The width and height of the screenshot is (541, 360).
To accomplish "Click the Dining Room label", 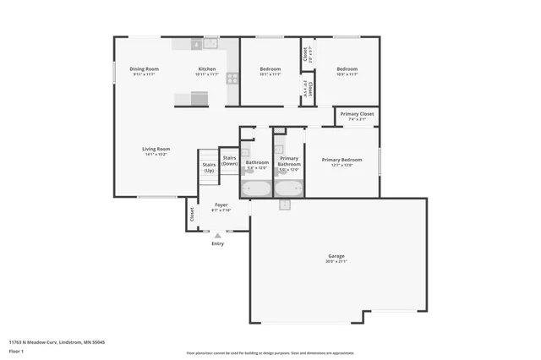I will [x=145, y=68].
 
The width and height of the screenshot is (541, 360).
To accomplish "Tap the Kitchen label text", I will [x=207, y=68].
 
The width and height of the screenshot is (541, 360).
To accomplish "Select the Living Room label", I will [x=156, y=149].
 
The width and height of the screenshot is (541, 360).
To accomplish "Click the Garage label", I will [x=336, y=255].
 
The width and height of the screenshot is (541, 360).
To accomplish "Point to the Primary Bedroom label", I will [x=342, y=159].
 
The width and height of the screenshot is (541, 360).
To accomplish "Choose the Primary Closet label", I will [x=357, y=113].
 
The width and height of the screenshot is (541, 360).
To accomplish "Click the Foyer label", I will [x=221, y=205].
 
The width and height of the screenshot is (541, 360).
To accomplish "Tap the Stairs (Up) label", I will [x=209, y=167].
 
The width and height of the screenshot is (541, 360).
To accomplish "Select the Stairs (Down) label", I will [x=229, y=161].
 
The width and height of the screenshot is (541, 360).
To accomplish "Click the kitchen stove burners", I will [x=231, y=77].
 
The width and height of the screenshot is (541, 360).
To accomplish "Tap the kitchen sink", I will [x=210, y=43].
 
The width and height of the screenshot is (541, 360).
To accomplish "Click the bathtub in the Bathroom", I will [x=255, y=188].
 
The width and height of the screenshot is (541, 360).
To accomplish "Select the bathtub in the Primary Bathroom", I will [x=288, y=188].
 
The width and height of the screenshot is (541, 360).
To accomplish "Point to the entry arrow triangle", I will [x=218, y=235].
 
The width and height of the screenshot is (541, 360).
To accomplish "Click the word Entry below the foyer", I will [x=218, y=243].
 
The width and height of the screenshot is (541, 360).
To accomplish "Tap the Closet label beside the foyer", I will [x=192, y=214].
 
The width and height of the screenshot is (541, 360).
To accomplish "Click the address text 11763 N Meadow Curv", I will [x=38, y=342].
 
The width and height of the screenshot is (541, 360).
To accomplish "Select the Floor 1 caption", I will [x=16, y=351].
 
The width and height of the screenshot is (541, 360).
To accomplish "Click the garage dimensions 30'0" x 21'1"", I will [x=336, y=261].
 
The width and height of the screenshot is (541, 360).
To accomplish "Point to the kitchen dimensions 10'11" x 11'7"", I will [x=207, y=74].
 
